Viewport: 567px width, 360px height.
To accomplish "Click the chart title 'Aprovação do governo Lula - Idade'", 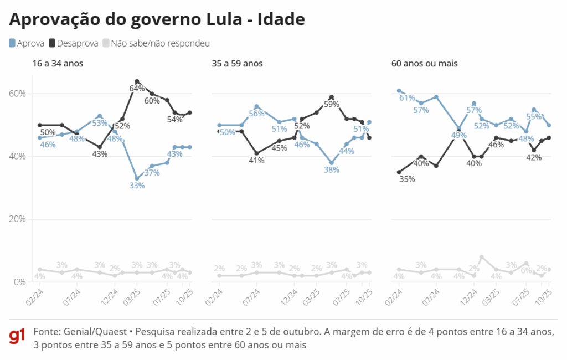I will point(157,19).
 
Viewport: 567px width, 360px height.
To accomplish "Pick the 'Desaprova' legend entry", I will point(74,43).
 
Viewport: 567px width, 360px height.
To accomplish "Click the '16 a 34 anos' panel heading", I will point(58,64).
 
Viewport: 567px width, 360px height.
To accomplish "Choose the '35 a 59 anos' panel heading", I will point(237,64).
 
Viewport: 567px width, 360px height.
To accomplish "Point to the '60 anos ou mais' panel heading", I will point(424,64).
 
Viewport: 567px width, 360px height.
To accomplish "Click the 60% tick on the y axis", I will point(17,94).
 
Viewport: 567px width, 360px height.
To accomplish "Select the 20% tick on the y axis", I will point(17,219).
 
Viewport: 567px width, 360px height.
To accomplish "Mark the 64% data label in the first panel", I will point(137,89).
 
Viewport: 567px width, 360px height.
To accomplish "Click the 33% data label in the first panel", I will point(137,186).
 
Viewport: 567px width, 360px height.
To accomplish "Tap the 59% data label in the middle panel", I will point(331,104).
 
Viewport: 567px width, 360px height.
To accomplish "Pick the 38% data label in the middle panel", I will point(331,171).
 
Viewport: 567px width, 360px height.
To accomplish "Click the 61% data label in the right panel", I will point(407,98).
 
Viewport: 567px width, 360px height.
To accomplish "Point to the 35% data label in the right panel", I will point(407,179).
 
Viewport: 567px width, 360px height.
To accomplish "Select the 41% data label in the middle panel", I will point(256,161).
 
